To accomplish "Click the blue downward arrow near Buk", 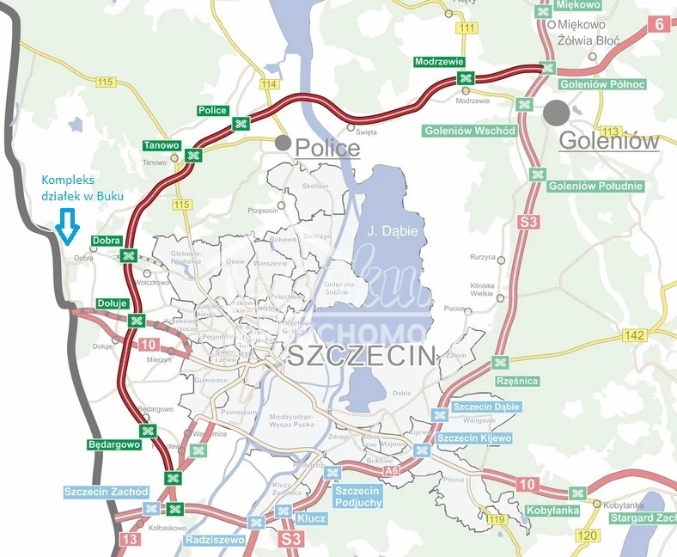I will click(x=67, y=228).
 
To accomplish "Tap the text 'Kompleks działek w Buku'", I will click(x=82, y=188).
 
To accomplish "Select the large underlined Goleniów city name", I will click(x=608, y=141).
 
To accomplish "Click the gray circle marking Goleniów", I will click(x=556, y=113).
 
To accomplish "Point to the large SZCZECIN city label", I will click(x=362, y=357).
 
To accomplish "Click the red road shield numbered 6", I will click(x=660, y=23).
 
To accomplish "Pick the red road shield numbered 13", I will click(x=131, y=539).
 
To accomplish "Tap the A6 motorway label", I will click(x=392, y=471).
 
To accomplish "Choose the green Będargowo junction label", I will click(x=113, y=445).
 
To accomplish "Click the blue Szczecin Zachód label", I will click(x=107, y=492).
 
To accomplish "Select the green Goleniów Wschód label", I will click(x=469, y=131).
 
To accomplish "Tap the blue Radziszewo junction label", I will click(x=215, y=540).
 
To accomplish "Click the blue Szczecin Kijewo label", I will click(x=474, y=438).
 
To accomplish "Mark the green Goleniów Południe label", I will click(x=590, y=186).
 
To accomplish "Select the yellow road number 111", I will click(x=467, y=28).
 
